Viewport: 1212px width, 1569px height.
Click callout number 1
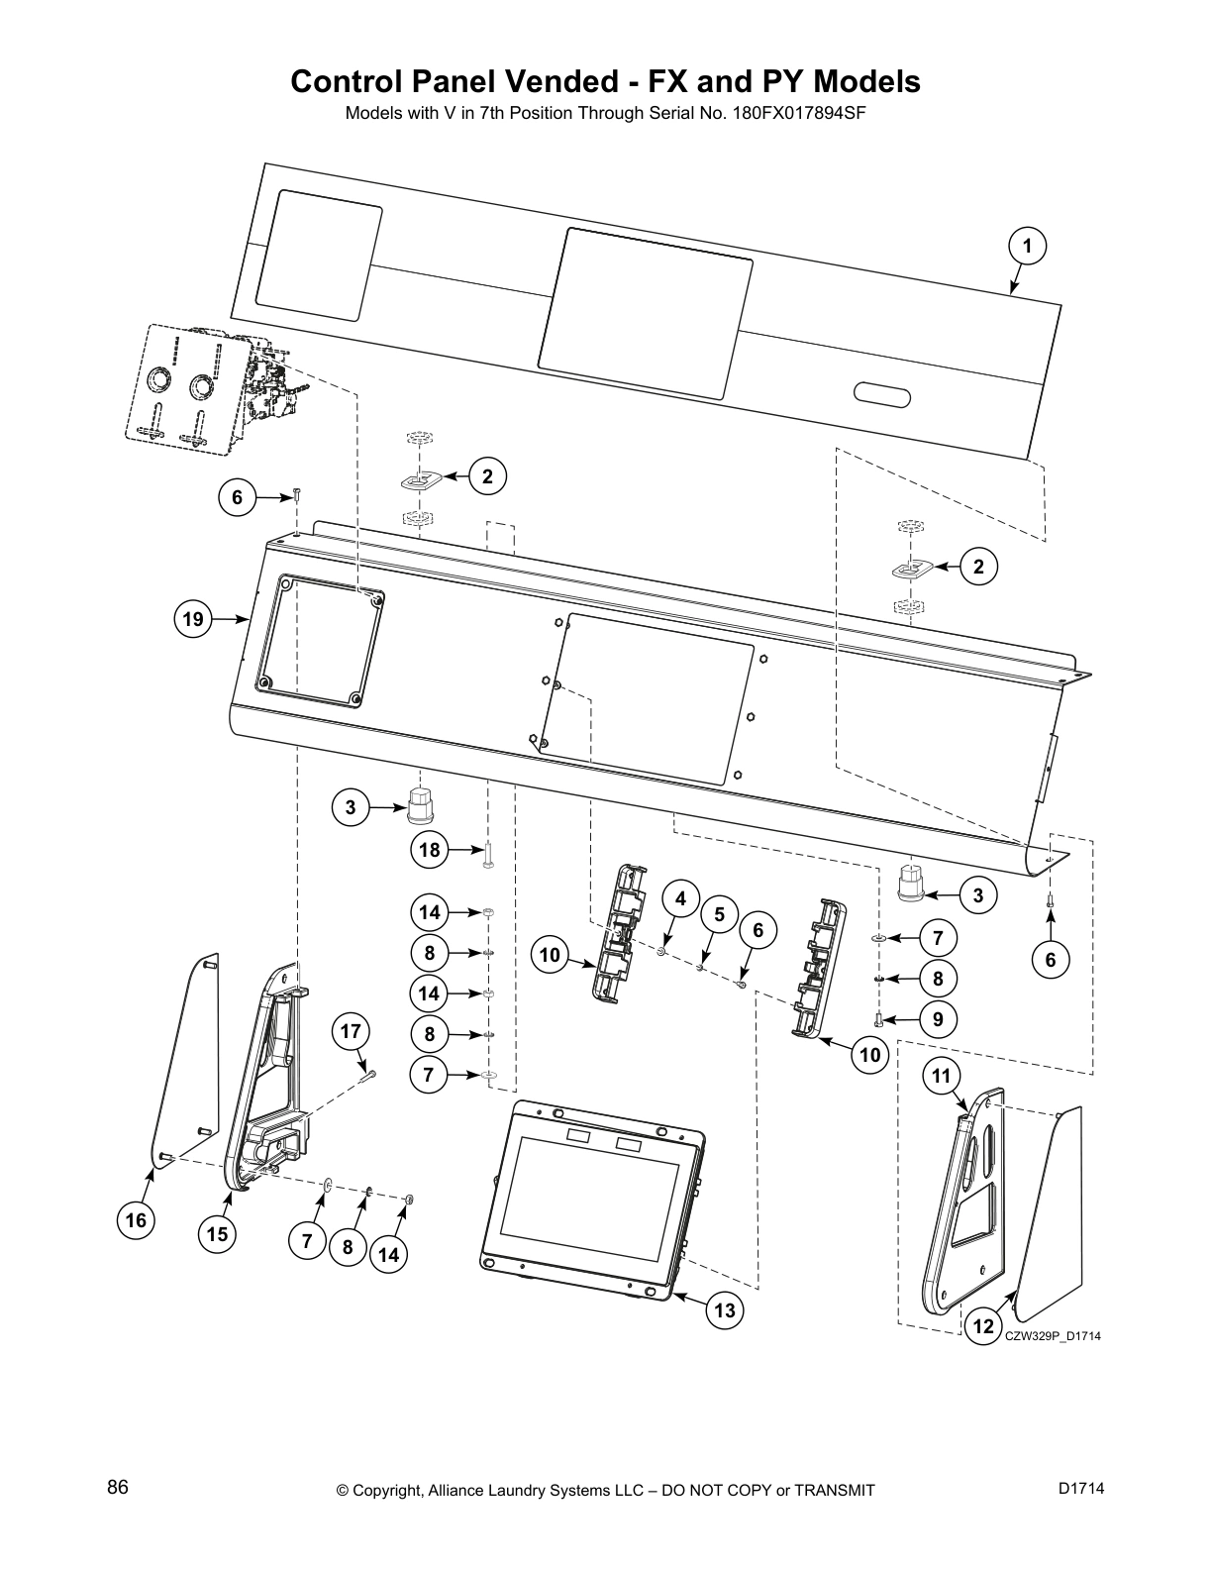click(1028, 245)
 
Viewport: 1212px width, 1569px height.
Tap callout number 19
click(192, 620)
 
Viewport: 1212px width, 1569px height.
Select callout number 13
click(725, 1310)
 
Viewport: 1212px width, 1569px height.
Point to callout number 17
click(351, 1031)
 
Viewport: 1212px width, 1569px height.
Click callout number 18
click(430, 850)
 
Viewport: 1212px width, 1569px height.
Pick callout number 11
click(941, 1076)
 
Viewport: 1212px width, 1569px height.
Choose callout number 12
click(982, 1326)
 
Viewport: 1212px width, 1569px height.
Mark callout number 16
click(136, 1220)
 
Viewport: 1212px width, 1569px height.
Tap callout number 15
click(217, 1234)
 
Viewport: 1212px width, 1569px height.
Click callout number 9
click(938, 1019)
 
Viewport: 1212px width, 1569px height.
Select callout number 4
click(680, 898)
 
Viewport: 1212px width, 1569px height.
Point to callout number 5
click(720, 913)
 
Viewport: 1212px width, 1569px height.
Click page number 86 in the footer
click(118, 1488)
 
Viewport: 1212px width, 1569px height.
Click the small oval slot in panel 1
click(881, 395)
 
